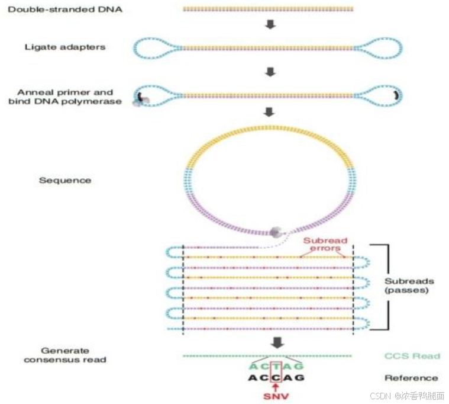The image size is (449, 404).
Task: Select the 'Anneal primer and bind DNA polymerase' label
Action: [65, 97]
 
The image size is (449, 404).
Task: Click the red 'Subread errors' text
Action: [325, 245]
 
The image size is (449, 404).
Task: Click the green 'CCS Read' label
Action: [412, 356]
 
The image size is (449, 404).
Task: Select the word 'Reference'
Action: [412, 378]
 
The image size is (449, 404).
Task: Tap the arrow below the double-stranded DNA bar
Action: [270, 25]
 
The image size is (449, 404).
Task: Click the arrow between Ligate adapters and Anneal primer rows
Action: [270, 72]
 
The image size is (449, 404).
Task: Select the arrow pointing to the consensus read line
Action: [276, 342]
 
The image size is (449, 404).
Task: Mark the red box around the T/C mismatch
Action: [275, 372]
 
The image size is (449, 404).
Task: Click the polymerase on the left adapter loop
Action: [140, 100]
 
